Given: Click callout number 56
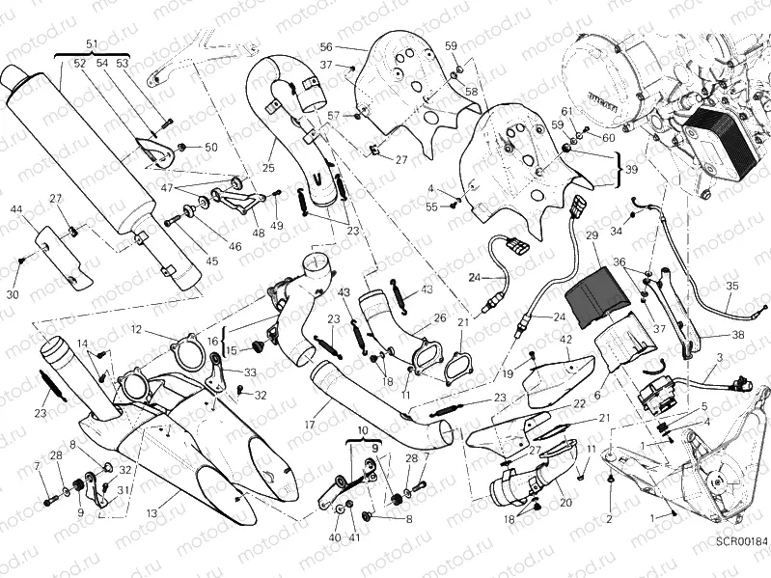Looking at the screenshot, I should (x=325, y=46).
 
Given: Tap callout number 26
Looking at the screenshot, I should (x=440, y=317).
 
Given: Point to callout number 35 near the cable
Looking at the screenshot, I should (x=732, y=286).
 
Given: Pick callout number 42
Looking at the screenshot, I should (x=566, y=339).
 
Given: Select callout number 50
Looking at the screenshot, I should (x=210, y=147).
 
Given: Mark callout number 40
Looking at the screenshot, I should (x=335, y=537).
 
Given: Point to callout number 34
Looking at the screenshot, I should (x=616, y=231).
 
